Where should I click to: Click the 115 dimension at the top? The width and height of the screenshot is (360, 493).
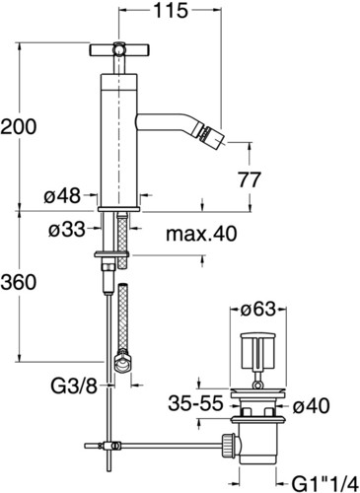pyautogui.click(x=171, y=11)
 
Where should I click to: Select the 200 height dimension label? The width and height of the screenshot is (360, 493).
pyautogui.click(x=19, y=126)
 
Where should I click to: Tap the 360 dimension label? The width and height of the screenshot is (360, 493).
pyautogui.click(x=19, y=282)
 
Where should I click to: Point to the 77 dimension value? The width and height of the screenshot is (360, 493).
pyautogui.click(x=250, y=179)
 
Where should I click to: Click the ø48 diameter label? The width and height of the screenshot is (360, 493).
pyautogui.click(x=62, y=196)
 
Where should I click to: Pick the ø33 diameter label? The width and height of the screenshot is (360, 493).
pyautogui.click(x=67, y=229)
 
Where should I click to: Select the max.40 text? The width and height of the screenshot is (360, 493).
pyautogui.click(x=201, y=234)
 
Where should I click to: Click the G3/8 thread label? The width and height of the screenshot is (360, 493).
pyautogui.click(x=74, y=387)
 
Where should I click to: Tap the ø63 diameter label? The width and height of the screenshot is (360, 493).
pyautogui.click(x=257, y=309)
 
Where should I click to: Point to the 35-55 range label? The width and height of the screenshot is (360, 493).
pyautogui.click(x=195, y=403)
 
